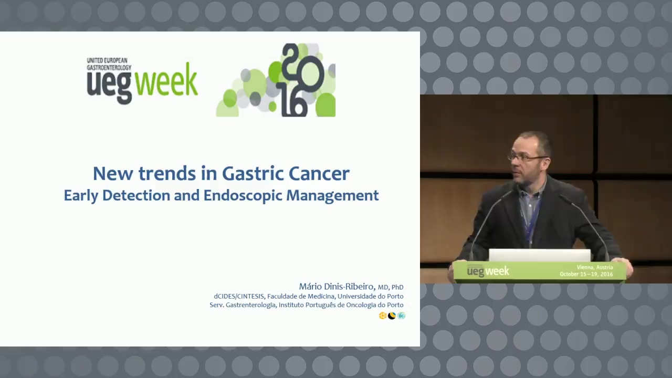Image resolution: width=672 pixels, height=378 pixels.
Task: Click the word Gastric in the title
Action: pos(253,174)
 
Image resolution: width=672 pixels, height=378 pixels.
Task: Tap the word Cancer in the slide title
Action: pos(319,174)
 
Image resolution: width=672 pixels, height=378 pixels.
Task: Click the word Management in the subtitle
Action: pos(332,196)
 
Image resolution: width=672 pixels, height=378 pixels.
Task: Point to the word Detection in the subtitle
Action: pos(136,195)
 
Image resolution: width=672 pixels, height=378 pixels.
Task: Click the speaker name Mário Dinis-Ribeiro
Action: pos(337,287)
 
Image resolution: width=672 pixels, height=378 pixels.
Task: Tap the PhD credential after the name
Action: pos(397,287)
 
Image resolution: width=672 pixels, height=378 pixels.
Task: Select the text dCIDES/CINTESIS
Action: pos(239,297)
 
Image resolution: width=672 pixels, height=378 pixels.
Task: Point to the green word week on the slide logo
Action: pos(167,79)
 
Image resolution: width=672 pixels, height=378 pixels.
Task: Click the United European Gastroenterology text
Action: pos(109,64)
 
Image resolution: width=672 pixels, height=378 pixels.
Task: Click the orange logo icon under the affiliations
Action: pos(383,316)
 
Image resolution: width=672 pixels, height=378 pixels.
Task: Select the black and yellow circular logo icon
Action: pos(392,316)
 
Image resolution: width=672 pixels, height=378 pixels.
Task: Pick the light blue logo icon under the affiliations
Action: pos(401,316)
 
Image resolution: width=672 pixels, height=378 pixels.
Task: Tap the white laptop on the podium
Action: pos(540,255)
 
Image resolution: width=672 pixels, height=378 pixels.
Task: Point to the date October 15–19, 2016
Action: pos(586,274)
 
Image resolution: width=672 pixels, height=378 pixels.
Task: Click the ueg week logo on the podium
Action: pos(488,271)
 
